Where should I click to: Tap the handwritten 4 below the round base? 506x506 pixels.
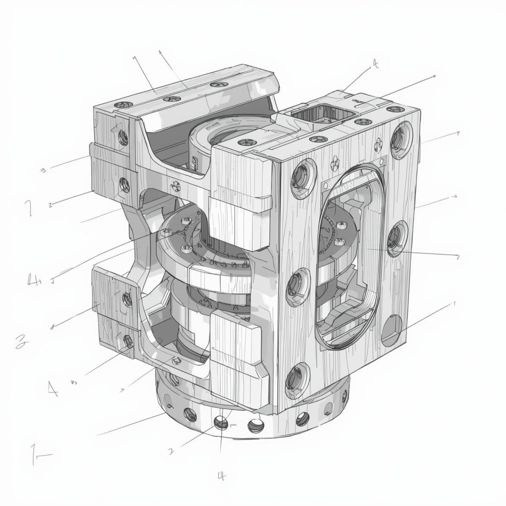(x=222, y=475)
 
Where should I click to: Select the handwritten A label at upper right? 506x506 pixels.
(x=375, y=64)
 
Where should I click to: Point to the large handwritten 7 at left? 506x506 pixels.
(x=29, y=208)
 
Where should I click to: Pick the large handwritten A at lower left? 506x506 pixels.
(x=52, y=389)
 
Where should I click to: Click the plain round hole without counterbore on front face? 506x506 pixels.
(x=392, y=331)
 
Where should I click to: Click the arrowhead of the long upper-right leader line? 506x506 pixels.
(x=435, y=76)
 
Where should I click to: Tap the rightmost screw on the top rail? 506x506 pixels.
(x=219, y=85)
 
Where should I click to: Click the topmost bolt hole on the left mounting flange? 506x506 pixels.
(x=123, y=137)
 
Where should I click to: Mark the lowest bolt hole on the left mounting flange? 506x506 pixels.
(x=128, y=341)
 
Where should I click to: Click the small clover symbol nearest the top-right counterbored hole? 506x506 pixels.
(x=378, y=142)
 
